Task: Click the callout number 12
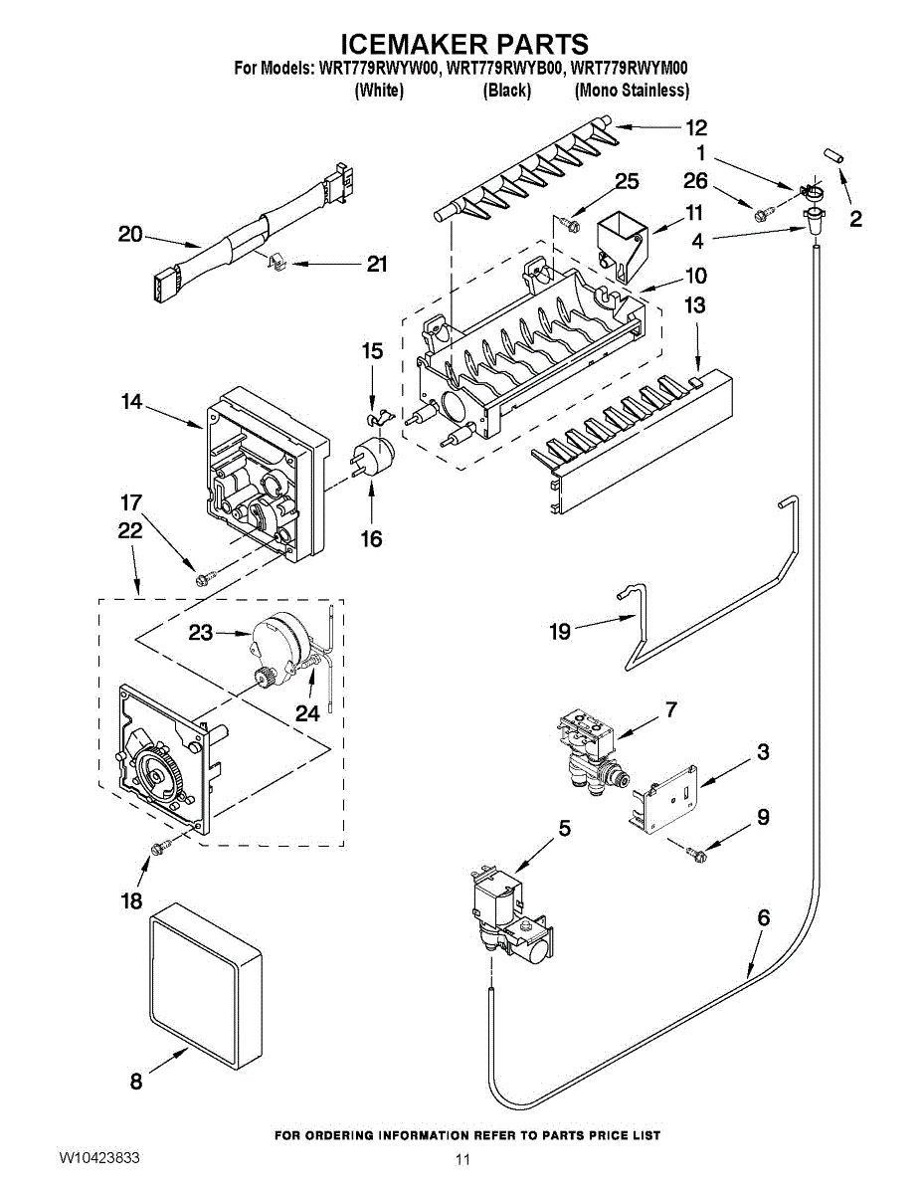[696, 128]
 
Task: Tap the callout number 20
[130, 235]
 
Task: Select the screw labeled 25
[571, 223]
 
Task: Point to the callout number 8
[136, 1083]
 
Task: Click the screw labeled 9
[695, 853]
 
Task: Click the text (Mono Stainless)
[632, 91]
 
